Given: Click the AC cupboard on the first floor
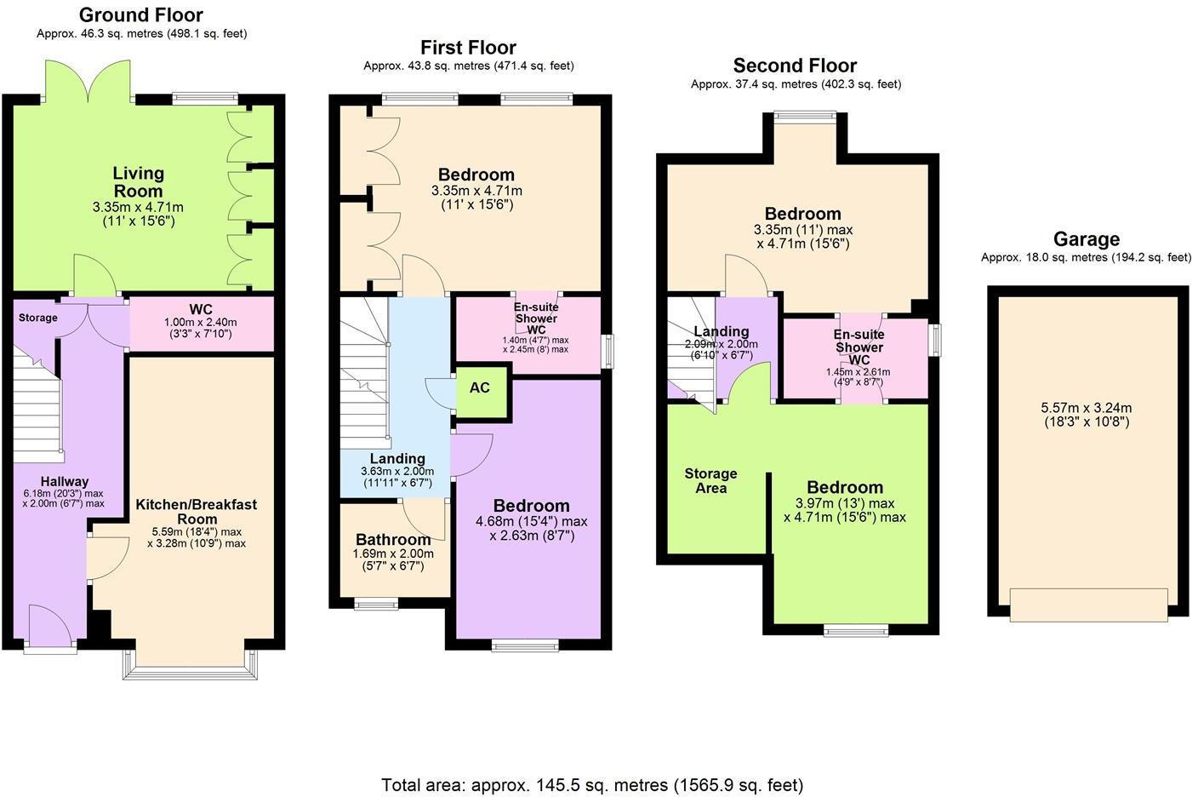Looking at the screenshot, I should point(480,388).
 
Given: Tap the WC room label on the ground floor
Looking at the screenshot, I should point(201,309).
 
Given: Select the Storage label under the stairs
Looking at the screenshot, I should point(38,318).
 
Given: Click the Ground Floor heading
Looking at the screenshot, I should point(141,15).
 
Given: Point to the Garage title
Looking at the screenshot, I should point(1086,239).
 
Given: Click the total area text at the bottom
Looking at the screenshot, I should point(592,784).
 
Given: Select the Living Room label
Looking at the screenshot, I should point(138,182).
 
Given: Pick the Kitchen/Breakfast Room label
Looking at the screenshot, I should point(197,512).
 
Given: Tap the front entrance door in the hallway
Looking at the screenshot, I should point(50,628).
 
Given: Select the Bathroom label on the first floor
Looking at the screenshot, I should point(393,540).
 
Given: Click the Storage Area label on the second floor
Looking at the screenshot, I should point(711,480).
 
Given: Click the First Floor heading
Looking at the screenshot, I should point(468,48).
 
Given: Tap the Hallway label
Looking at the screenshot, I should point(65,482).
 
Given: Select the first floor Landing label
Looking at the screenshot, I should point(397,459).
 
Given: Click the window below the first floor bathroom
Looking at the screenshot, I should point(376,605).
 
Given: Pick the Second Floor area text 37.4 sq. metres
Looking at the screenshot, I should point(796,84).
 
